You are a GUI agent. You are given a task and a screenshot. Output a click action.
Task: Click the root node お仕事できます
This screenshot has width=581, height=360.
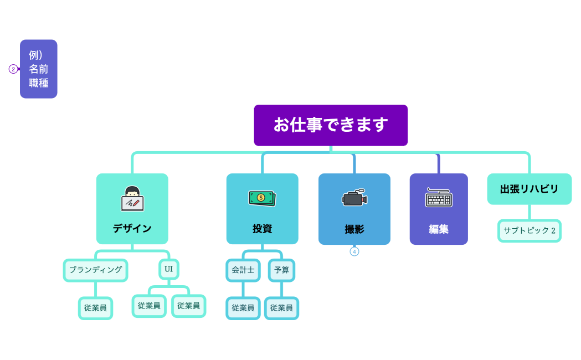(x=331, y=125)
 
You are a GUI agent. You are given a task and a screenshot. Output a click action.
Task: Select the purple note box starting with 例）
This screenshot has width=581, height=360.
(x=39, y=69)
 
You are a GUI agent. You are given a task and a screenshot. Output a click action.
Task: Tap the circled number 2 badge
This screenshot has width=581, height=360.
(x=13, y=69)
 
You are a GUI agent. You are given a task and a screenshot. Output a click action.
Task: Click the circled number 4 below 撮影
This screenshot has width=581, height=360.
(x=354, y=251)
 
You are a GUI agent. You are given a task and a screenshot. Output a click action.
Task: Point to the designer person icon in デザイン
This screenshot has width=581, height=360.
(x=132, y=198)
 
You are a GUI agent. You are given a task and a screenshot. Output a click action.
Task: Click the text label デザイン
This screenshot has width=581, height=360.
(x=132, y=228)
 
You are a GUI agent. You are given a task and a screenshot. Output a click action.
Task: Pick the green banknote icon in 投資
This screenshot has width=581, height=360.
(x=262, y=198)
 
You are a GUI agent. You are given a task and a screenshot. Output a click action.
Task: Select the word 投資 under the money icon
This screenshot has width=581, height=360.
(x=262, y=228)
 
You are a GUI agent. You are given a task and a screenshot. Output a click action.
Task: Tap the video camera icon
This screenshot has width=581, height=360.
(x=354, y=198)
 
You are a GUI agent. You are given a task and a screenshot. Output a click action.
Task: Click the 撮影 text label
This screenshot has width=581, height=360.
(x=354, y=229)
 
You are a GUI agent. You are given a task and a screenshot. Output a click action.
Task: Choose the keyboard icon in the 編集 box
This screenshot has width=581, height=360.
(x=439, y=198)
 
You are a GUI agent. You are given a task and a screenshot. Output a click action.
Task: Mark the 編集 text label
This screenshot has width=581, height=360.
(x=439, y=229)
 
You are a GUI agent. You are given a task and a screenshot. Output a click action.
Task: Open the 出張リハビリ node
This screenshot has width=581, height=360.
(x=529, y=189)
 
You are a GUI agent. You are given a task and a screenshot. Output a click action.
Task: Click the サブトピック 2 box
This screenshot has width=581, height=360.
(x=529, y=230)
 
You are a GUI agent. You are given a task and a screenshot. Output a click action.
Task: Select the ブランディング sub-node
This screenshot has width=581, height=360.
(x=95, y=270)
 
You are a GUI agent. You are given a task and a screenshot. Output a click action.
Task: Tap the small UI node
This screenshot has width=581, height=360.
(x=169, y=269)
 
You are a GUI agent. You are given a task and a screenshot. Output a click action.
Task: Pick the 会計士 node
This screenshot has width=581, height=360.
(x=243, y=270)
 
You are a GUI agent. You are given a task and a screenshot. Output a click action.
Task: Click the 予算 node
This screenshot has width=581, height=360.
(x=281, y=270)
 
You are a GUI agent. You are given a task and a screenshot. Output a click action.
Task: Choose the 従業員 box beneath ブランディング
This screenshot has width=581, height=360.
(x=95, y=308)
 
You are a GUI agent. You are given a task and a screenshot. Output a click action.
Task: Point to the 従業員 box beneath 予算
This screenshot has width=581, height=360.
(x=281, y=308)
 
